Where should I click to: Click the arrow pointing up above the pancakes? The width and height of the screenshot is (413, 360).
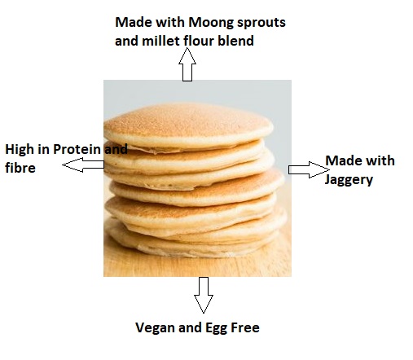pyautogui.click(x=187, y=64)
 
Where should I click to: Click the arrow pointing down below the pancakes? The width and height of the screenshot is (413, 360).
pyautogui.click(x=204, y=295)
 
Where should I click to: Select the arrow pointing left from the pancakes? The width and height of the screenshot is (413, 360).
pyautogui.click(x=83, y=165)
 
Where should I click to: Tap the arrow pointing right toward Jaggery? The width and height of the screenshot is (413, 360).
pyautogui.click(x=309, y=169)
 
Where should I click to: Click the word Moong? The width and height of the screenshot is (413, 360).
pyautogui.click(x=211, y=23)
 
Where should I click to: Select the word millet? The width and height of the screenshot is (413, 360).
pyautogui.click(x=161, y=41)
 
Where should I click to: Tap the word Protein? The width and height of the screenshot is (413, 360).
pyautogui.click(x=77, y=149)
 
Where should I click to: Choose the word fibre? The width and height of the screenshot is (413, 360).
pyautogui.click(x=20, y=168)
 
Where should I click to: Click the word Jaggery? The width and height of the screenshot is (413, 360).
pyautogui.click(x=349, y=180)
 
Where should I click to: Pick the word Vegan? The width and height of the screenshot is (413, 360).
pyautogui.click(x=155, y=328)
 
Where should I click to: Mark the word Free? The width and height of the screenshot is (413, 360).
pyautogui.click(x=245, y=327)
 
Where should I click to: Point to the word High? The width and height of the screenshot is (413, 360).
pyautogui.click(x=19, y=150)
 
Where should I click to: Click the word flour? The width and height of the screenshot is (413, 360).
pyautogui.click(x=200, y=41)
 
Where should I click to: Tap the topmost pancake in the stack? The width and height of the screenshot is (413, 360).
pyautogui.click(x=188, y=125)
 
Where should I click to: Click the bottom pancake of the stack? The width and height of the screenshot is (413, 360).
pyautogui.click(x=190, y=244)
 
